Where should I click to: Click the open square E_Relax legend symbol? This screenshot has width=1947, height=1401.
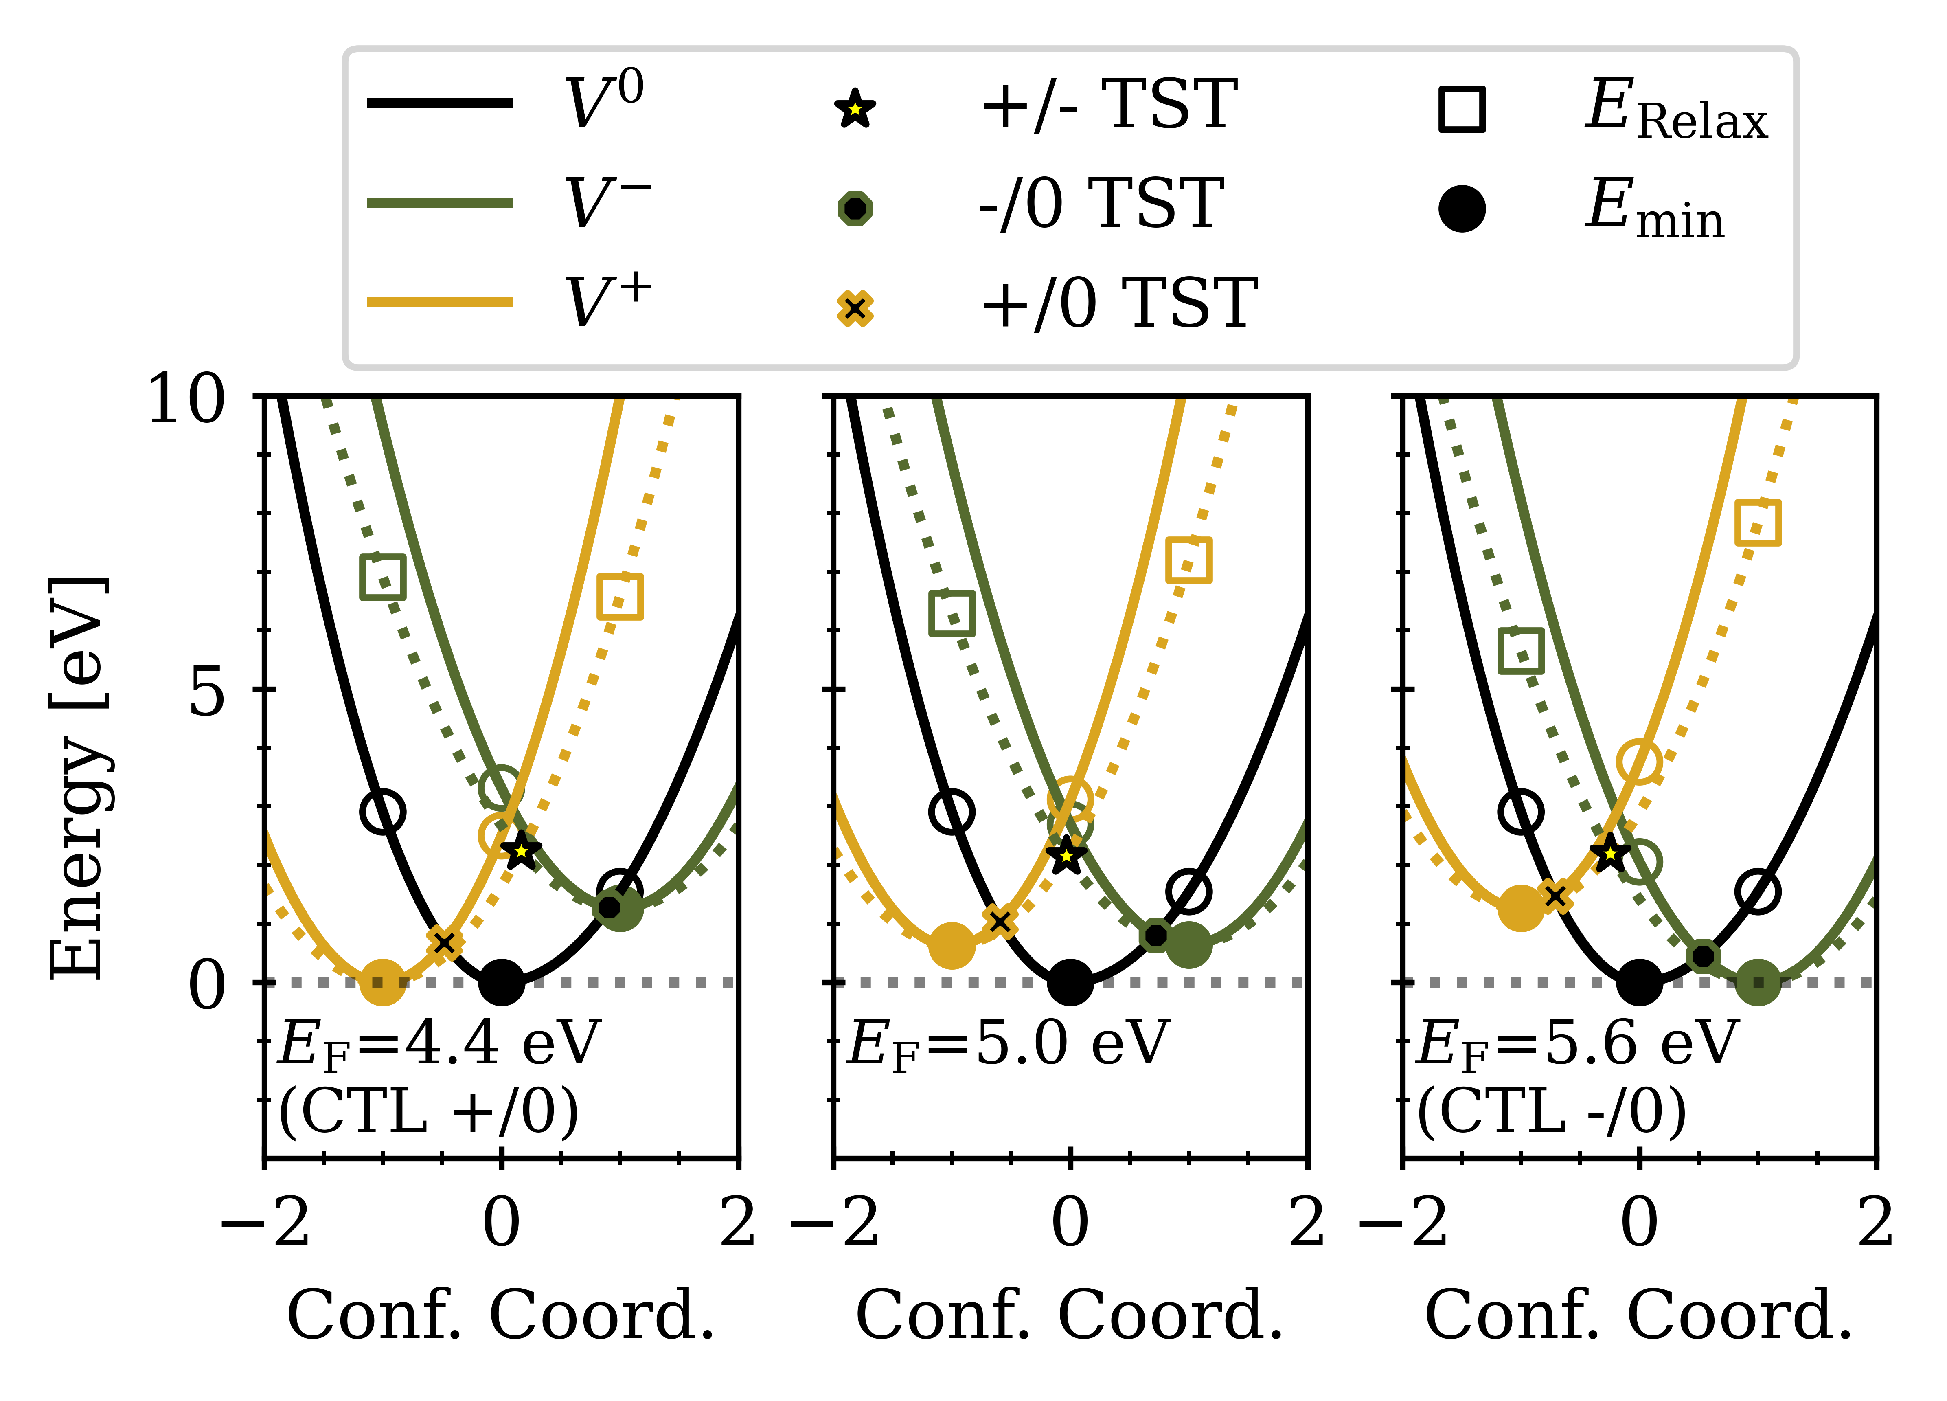1462,109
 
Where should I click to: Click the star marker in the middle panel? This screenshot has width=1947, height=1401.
1066,854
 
